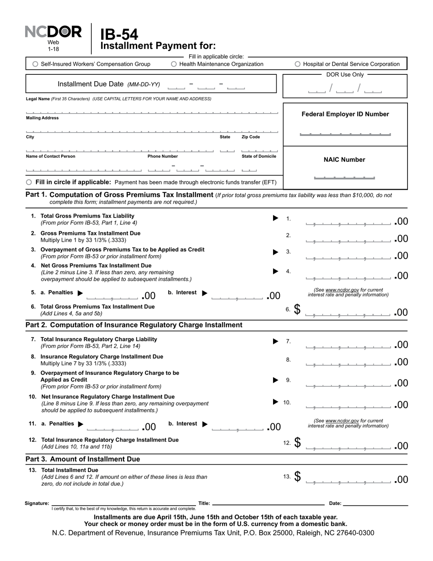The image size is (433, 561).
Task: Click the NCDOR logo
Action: point(53,32)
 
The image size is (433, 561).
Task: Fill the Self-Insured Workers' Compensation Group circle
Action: point(36,64)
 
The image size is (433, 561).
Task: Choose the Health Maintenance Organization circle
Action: point(174,64)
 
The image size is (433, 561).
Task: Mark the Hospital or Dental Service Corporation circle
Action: point(298,64)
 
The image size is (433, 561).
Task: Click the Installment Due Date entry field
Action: point(206,85)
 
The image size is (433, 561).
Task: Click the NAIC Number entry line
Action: point(345,177)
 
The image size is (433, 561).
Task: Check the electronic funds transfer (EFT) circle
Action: point(29,182)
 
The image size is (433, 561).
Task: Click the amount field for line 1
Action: point(348,222)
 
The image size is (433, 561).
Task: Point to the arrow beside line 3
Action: point(275,252)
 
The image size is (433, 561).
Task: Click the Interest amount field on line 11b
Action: point(238,427)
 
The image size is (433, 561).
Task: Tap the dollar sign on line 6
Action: point(297,309)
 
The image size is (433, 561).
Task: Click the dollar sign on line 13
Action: point(297,477)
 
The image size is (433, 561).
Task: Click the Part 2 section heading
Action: point(134,325)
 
